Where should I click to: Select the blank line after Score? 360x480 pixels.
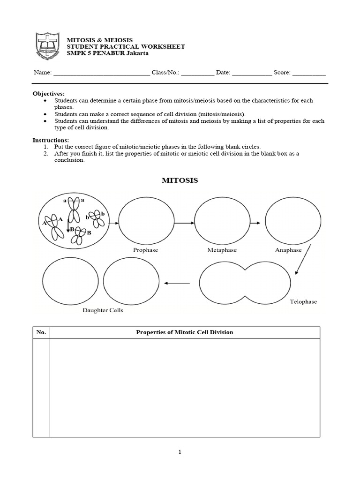tap(309, 74)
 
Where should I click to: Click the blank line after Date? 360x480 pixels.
tap(252, 74)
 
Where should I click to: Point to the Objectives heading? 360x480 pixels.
tap(48, 94)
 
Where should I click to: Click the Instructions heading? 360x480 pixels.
tap(50, 140)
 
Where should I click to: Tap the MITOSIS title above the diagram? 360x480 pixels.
tap(180, 180)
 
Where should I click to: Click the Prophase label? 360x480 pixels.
tap(146, 250)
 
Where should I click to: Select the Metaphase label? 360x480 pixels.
tap(222, 250)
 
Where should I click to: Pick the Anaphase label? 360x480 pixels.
tap(288, 250)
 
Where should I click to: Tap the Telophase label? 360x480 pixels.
tap(303, 301)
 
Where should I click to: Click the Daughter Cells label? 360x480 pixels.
tap(103, 310)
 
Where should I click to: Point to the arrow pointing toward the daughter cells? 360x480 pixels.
tap(178, 283)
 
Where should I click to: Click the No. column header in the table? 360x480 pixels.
tap(41, 332)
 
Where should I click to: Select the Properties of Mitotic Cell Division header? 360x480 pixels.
tap(184, 332)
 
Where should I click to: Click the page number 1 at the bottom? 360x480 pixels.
tap(180, 452)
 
